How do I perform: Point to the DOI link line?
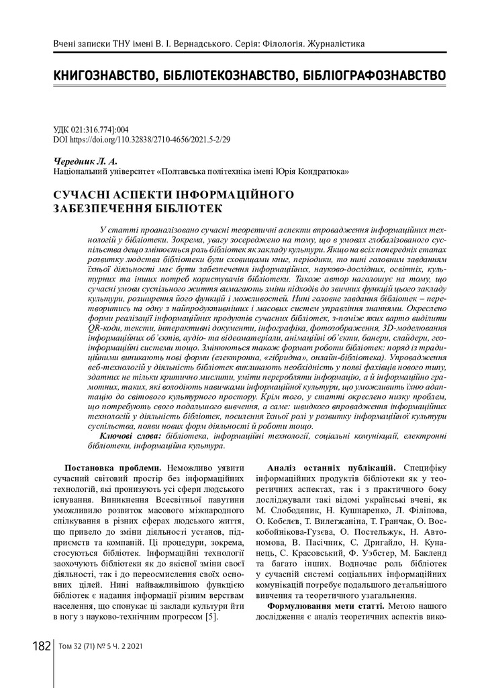click(x=141, y=141)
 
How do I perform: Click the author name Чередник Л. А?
click(x=75, y=162)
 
